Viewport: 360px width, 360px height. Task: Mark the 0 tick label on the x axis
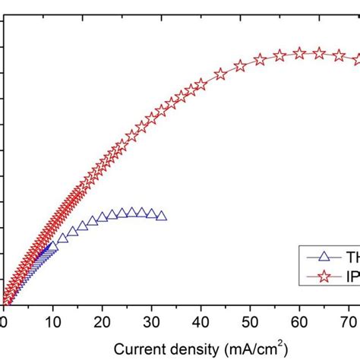4,322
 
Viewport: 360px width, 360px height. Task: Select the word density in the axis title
197,349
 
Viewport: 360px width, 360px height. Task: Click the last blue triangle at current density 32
161,216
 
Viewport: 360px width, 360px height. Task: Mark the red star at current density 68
339,55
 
